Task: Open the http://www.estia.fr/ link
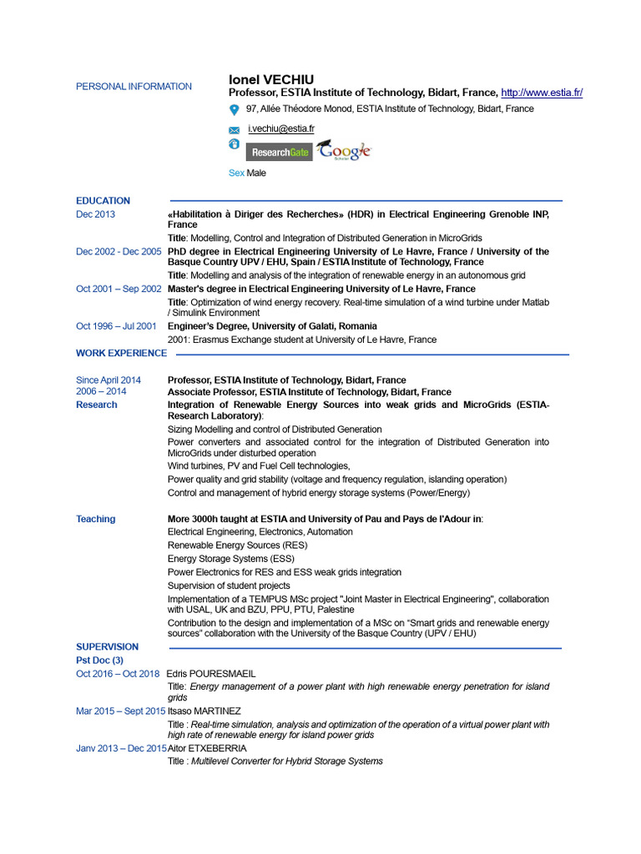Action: (543, 93)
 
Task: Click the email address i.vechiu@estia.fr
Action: (281, 128)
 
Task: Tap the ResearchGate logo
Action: (279, 153)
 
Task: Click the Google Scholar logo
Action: (344, 150)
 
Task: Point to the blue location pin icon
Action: (235, 109)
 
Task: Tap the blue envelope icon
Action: (235, 130)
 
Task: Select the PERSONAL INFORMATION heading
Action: (134, 87)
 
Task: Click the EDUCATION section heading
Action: (103, 201)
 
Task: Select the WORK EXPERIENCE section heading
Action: (121, 354)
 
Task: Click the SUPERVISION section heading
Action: (107, 647)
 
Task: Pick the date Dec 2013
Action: (96, 214)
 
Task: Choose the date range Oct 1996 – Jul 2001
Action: (116, 327)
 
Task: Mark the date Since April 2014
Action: (109, 380)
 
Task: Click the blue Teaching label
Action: (96, 520)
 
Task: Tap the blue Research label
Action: (97, 405)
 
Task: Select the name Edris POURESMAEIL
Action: (211, 674)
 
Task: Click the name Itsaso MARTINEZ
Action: (204, 711)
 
